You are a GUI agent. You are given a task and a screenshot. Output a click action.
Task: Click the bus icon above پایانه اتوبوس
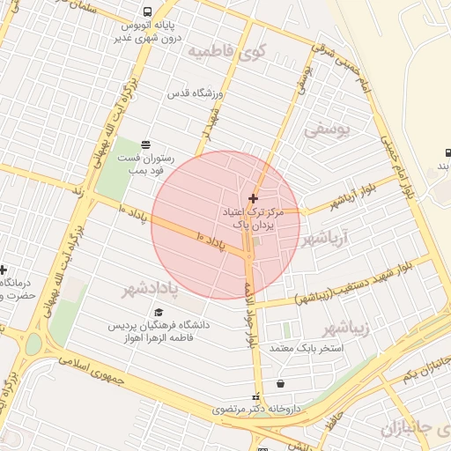(x=146, y=12)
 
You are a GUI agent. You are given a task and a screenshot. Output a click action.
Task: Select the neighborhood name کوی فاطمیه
(x=225, y=51)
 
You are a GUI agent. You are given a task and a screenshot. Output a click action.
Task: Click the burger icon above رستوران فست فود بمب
(x=145, y=144)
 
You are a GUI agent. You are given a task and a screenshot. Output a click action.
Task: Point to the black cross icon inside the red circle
(x=254, y=199)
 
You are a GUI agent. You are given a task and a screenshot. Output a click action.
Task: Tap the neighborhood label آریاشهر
(x=325, y=238)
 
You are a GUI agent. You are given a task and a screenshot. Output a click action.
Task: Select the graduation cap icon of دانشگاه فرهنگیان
(x=159, y=312)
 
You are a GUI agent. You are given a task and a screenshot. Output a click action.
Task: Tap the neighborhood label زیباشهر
(x=341, y=329)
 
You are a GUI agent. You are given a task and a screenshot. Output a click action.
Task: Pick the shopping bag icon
(x=280, y=384)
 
